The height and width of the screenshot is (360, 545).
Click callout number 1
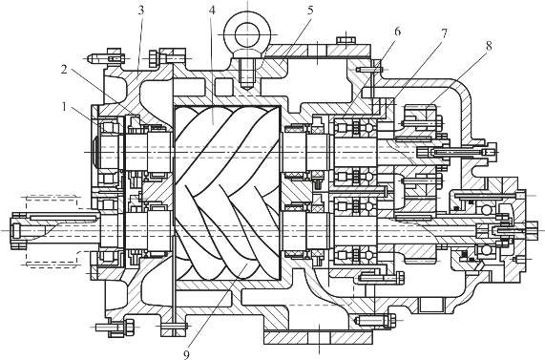tap(64, 107)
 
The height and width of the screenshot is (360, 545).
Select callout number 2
tap(64, 70)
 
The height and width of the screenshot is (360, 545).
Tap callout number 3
tap(140, 11)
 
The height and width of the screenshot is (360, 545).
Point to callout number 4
tap(212, 11)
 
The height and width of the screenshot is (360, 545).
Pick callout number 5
tap(310, 11)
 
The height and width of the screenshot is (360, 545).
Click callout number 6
tap(398, 32)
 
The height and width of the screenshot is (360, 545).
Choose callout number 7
tap(444, 33)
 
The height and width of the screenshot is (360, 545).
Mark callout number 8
tap(489, 46)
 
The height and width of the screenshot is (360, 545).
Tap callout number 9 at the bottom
tap(186, 354)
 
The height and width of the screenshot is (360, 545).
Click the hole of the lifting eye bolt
tap(247, 34)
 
